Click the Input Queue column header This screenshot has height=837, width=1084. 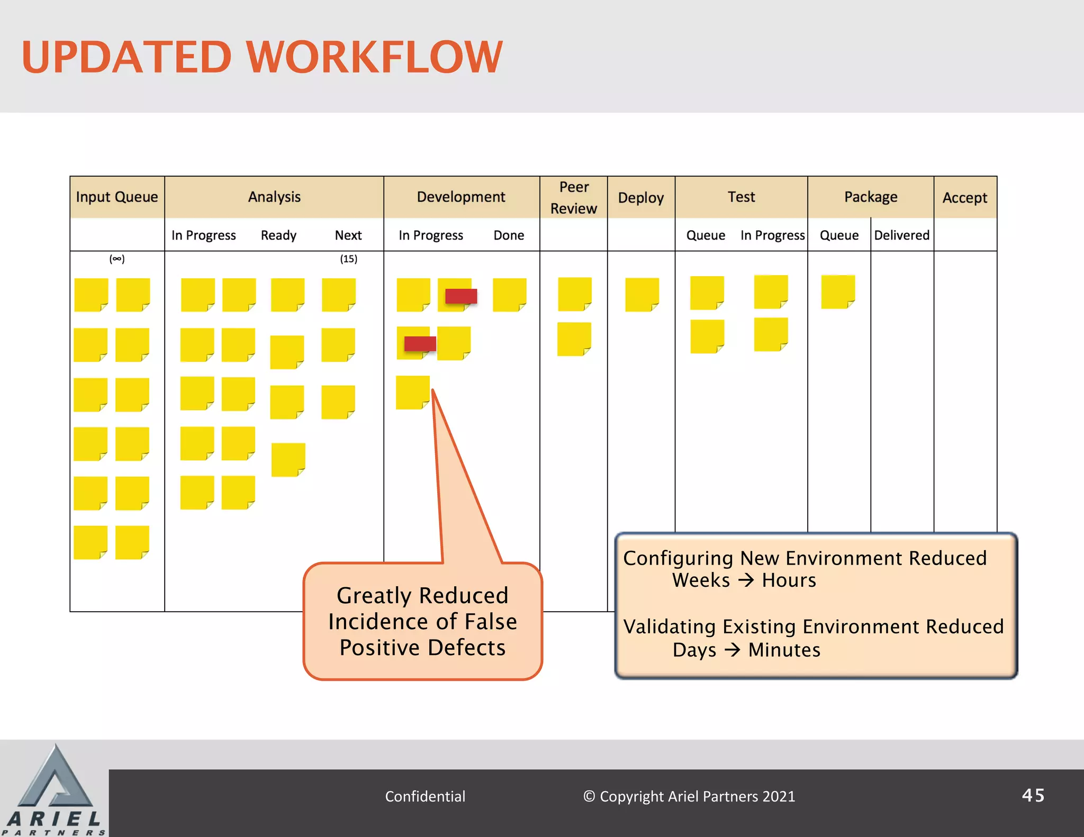pyautogui.click(x=117, y=197)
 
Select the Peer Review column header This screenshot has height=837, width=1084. pyautogui.click(x=574, y=197)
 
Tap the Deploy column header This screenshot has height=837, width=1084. pyautogui.click(x=641, y=197)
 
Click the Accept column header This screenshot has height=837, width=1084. pyautogui.click(x=965, y=197)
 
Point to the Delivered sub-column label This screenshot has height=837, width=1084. pyautogui.click(x=901, y=235)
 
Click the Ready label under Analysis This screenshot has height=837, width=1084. pyautogui.click(x=278, y=235)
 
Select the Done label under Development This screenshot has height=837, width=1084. pyautogui.click(x=509, y=235)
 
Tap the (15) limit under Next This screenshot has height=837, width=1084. pyautogui.click(x=348, y=259)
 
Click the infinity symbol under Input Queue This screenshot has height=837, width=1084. pyautogui.click(x=117, y=259)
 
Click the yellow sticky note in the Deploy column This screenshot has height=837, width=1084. pyautogui.click(x=642, y=294)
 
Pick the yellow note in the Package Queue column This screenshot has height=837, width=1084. pyautogui.click(x=838, y=291)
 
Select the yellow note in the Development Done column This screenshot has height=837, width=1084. pyautogui.click(x=509, y=295)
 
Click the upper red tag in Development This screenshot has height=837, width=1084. pyautogui.click(x=461, y=296)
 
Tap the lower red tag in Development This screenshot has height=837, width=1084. pyautogui.click(x=420, y=344)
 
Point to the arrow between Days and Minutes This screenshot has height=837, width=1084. pyautogui.click(x=733, y=650)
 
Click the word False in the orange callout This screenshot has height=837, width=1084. pyautogui.click(x=491, y=622)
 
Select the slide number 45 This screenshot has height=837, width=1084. pyautogui.click(x=1033, y=795)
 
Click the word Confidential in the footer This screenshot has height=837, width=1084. pyautogui.click(x=425, y=796)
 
